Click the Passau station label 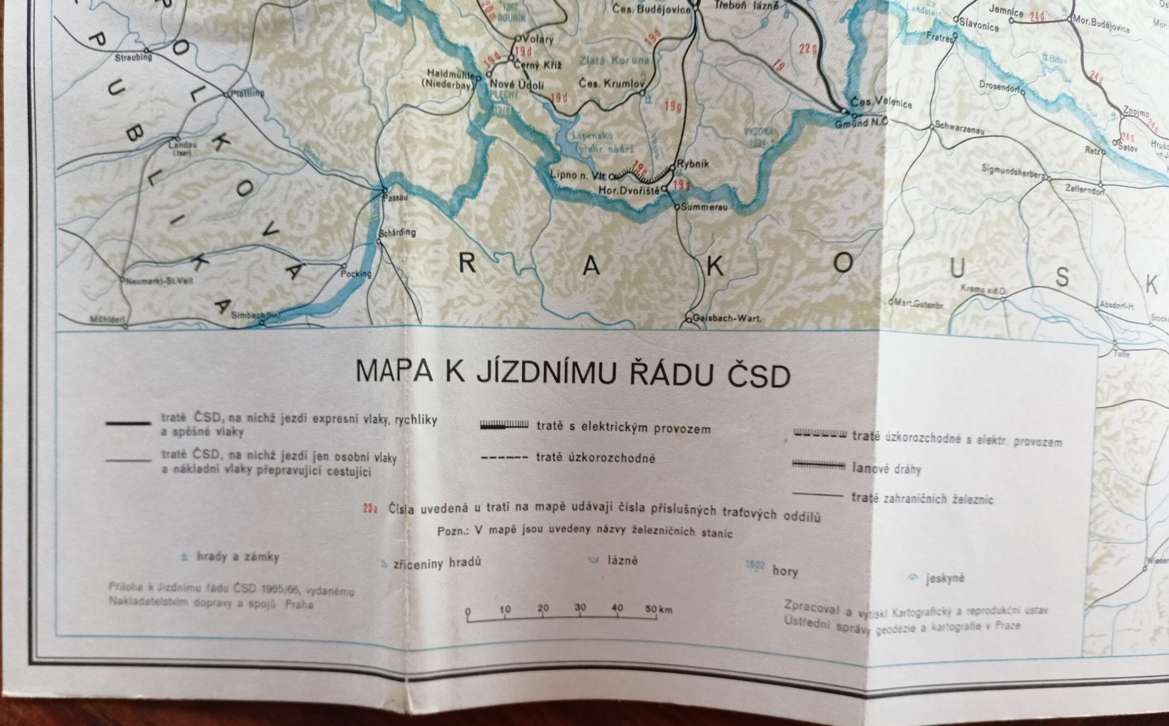(x=395, y=197)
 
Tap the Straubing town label (x=133, y=57)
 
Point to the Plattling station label (x=247, y=93)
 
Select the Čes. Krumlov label (x=611, y=84)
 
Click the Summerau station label (x=703, y=208)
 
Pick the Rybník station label (x=692, y=164)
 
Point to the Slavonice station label (x=979, y=25)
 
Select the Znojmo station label (x=1136, y=112)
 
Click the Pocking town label (x=356, y=274)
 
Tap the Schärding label (x=397, y=232)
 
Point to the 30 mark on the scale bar (x=580, y=607)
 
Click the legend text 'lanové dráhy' (x=886, y=468)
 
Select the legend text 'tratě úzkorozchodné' (x=595, y=458)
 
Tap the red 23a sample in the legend (x=370, y=508)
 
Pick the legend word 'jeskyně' (x=945, y=578)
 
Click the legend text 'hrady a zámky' (x=238, y=557)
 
